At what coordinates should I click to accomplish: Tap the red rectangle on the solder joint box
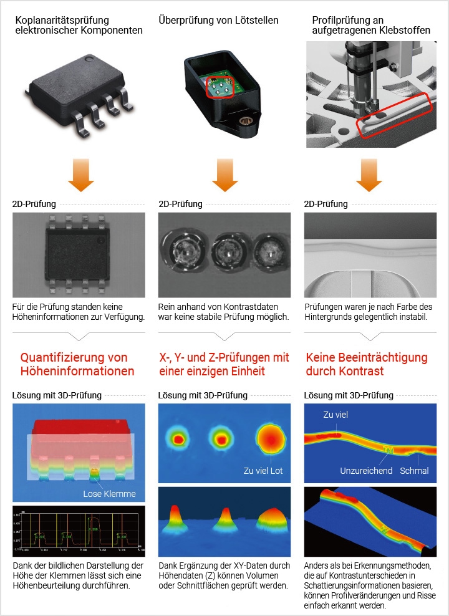[220, 87]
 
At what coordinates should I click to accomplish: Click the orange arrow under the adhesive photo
[370, 175]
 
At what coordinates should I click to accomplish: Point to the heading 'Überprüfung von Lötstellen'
[218, 21]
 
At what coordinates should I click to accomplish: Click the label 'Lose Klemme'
[109, 494]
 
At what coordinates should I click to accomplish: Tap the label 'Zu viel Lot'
[263, 471]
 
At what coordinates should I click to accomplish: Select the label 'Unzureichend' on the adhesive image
[366, 470]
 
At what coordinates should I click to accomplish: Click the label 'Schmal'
[414, 470]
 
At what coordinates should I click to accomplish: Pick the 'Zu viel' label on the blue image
[336, 415]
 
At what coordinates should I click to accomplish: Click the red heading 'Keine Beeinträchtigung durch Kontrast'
[367, 364]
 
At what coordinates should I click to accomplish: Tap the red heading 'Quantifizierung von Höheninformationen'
[77, 364]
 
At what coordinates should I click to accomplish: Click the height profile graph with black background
[79, 531]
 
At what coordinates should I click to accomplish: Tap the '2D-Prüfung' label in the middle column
[180, 204]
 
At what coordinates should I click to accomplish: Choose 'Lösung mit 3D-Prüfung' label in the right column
[349, 395]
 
